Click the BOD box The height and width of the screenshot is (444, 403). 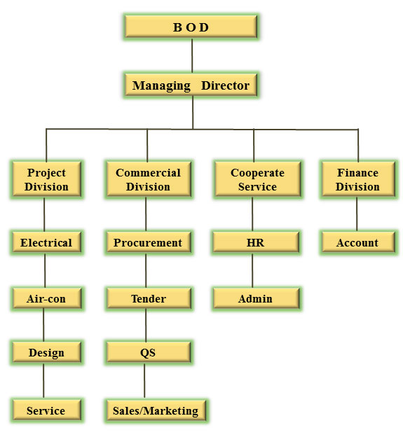pos(191,27)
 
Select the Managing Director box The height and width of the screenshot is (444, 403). pos(191,85)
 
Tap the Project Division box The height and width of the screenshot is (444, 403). pos(46,179)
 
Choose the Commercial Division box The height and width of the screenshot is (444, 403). pos(149,179)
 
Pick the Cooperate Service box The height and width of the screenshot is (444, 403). pos(257,179)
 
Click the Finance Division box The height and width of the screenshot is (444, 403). pos(358,179)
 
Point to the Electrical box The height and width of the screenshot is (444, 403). pos(46,242)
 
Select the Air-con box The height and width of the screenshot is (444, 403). pos(46,298)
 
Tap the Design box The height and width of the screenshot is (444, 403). pos(46,352)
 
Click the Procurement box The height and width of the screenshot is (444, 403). pos(149,242)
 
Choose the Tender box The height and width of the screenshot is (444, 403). pos(149,298)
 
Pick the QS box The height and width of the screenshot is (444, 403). pos(149,352)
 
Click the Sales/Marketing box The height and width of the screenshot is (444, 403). pos(156,410)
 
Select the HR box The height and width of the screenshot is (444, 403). pos(256,242)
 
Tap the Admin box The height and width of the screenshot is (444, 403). pos(256,298)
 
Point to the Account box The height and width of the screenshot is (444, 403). pos(358,242)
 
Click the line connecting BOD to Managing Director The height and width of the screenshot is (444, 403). pos(192,56)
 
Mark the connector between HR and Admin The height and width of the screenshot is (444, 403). pos(252,270)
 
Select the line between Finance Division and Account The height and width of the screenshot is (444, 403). pos(357,214)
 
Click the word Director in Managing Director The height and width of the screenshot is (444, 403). pos(225,85)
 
